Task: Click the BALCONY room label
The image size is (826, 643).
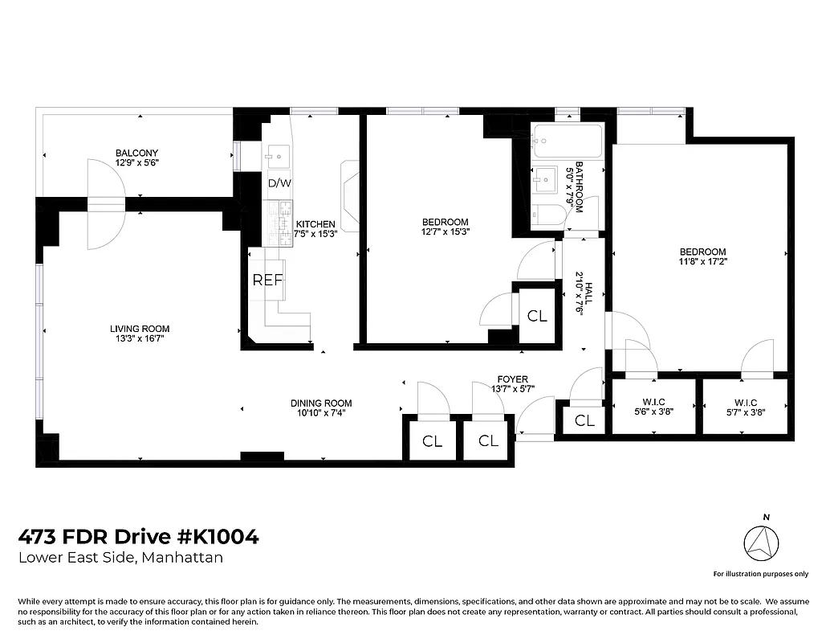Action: [x=136, y=153]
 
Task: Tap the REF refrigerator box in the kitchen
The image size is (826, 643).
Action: [x=267, y=280]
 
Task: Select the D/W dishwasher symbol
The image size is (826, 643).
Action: [x=279, y=183]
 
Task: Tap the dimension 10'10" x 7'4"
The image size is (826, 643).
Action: [x=321, y=414]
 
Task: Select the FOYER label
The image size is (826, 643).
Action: [x=512, y=379]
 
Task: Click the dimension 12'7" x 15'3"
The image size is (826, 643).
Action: [x=445, y=232]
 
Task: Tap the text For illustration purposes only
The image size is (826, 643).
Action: [x=760, y=574]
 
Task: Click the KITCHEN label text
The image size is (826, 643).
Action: [x=315, y=224]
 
